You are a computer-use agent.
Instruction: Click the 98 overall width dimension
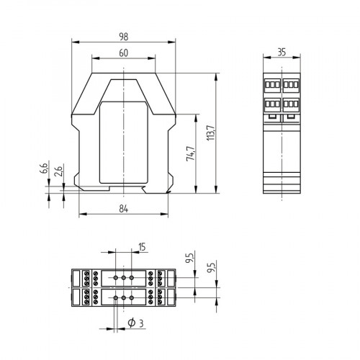[123, 35]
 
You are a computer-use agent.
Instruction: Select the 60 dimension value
[123, 53]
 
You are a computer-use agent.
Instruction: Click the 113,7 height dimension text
[211, 132]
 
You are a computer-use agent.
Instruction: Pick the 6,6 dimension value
[43, 170]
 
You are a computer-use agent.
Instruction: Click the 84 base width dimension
[123, 209]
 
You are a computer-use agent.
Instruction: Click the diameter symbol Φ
[131, 323]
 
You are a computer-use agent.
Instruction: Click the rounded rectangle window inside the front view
[123, 142]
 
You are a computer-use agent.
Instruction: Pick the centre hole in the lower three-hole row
[123, 297]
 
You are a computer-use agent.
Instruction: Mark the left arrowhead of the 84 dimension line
[81, 215]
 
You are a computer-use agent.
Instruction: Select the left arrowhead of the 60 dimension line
[94, 60]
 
